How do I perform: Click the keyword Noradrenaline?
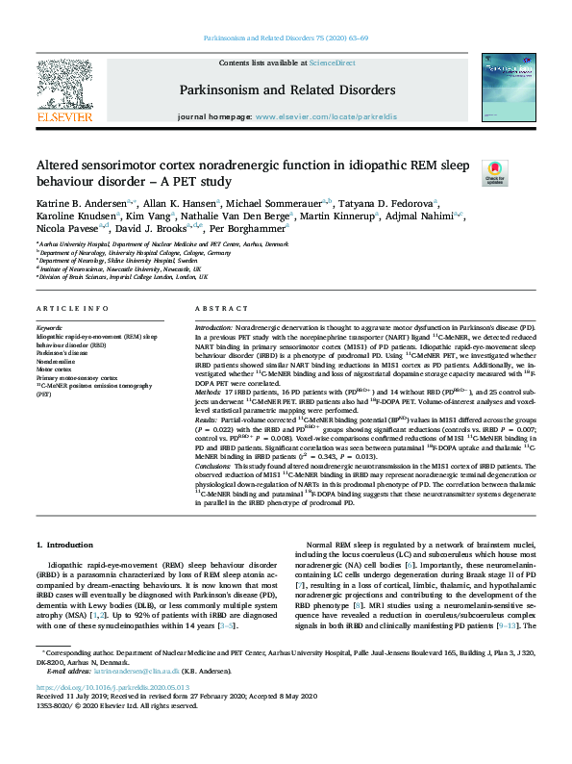pos(57,361)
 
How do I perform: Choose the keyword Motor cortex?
pos(55,369)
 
